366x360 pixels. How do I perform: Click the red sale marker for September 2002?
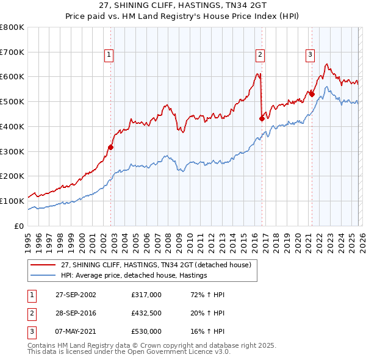click(x=110, y=146)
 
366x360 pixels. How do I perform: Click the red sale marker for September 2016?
click(x=262, y=118)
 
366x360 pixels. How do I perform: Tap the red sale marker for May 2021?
click(x=312, y=94)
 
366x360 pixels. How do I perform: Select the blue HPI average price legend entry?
click(x=134, y=275)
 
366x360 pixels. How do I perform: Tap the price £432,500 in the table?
click(x=146, y=313)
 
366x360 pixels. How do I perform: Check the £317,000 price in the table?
click(x=146, y=295)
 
